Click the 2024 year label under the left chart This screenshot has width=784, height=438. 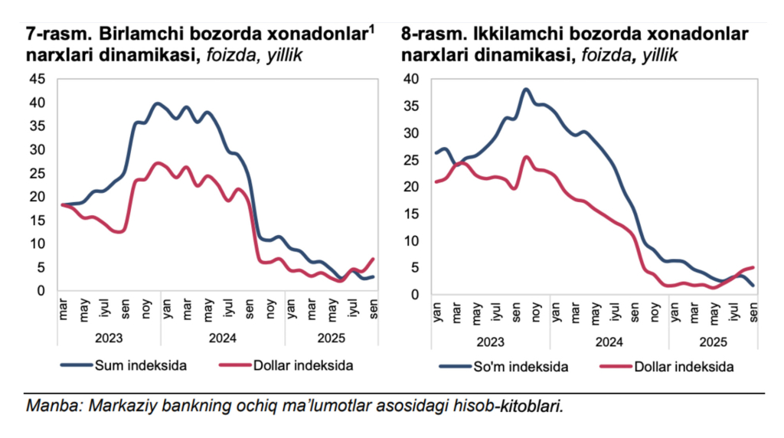223,337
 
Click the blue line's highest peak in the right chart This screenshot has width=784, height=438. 526,89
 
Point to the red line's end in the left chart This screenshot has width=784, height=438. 373,259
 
